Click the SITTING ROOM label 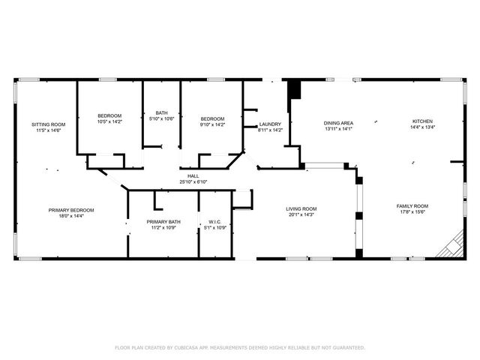pos(48,124)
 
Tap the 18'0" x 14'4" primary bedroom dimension pos(71,216)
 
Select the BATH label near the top pos(162,112)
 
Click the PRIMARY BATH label pos(163,221)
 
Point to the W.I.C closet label pos(214,221)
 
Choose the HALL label pos(193,175)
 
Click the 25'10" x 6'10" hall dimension pos(193,181)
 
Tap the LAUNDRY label pos(270,124)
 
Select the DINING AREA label pos(338,122)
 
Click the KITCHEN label pos(422,121)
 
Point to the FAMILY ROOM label pos(412,205)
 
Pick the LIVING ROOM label pos(301,208)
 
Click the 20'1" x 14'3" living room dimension pos(301,215)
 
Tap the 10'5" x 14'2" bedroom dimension pos(109,121)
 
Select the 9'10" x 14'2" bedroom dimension pos(212,124)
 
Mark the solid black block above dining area pos(294,88)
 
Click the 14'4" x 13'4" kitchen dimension pos(422,127)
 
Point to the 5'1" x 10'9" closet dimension pos(214,227)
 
